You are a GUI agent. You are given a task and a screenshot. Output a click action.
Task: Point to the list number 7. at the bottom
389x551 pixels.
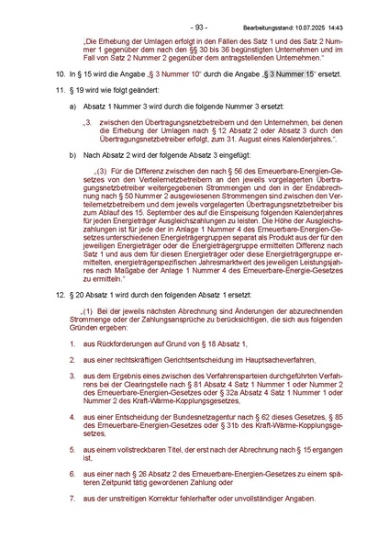coord(72,498)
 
